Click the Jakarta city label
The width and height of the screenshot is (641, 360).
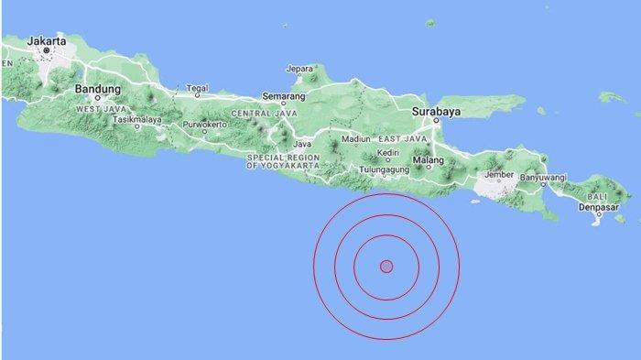point(48,41)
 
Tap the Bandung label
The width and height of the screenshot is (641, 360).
point(98,89)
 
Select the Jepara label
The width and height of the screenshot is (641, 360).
point(300,68)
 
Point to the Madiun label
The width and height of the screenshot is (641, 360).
point(354,139)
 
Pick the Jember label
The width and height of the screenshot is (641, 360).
point(498,172)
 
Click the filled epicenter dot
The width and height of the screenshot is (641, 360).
point(386,267)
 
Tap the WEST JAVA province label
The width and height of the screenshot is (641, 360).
point(101,109)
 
